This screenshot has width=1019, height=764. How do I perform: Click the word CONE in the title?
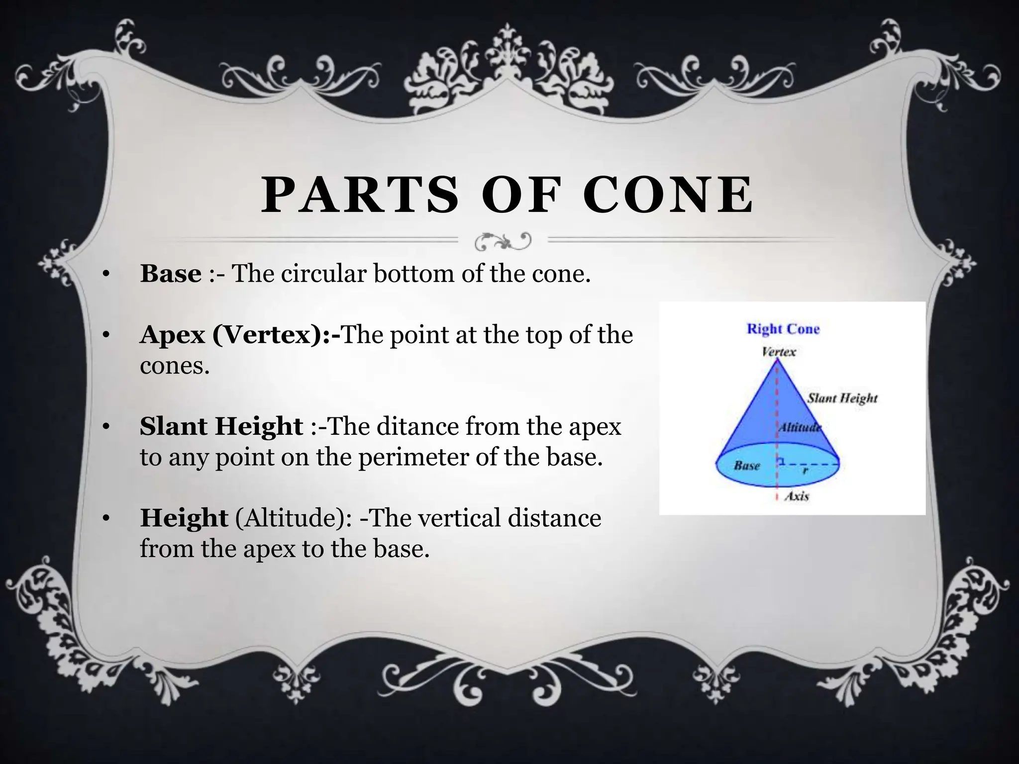668,195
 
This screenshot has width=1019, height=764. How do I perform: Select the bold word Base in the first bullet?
171,274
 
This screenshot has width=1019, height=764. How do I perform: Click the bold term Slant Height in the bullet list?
221,426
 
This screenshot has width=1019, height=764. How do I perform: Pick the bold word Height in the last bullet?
184,518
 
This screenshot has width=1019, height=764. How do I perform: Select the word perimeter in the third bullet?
413,457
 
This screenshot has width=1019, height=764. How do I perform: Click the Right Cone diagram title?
783,329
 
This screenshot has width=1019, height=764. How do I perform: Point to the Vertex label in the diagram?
779,352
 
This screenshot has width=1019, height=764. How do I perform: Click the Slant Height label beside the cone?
842,398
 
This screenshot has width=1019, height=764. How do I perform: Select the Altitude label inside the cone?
799,427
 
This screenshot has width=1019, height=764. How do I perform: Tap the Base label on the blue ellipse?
746,466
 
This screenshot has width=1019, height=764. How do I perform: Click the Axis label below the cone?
797,496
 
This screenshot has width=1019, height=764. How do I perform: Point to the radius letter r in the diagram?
805,471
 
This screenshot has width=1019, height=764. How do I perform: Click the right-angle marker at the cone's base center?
782,462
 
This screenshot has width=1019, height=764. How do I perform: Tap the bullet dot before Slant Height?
105,427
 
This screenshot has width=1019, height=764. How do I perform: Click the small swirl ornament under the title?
503,242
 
